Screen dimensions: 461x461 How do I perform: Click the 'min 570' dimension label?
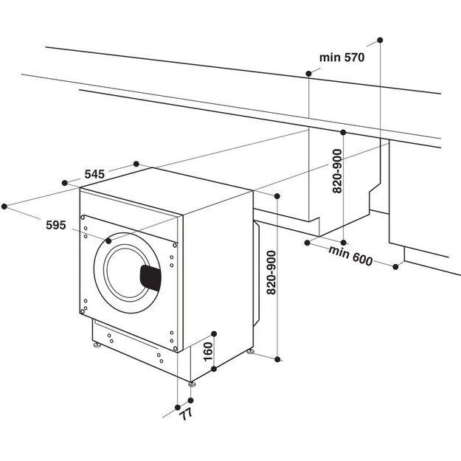342,57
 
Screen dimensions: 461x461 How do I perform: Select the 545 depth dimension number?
94,173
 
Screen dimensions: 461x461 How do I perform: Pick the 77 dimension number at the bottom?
185,414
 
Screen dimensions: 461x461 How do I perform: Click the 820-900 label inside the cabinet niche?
337,172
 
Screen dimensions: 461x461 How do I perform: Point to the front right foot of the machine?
193,383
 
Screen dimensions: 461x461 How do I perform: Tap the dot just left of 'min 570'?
308,73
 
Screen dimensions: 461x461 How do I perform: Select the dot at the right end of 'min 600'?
395,267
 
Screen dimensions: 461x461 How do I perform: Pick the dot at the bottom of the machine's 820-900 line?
278,359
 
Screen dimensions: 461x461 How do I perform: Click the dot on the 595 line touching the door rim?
108,240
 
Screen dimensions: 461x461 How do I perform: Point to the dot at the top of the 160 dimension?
213,333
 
